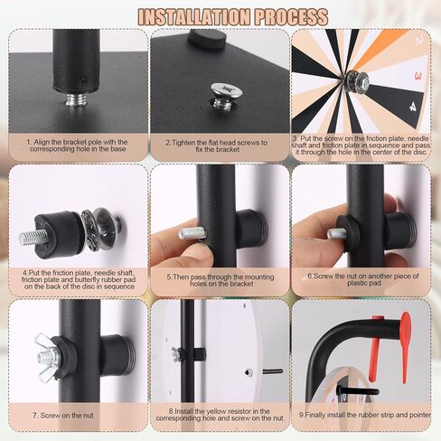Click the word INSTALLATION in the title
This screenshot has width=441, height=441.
(x=194, y=17)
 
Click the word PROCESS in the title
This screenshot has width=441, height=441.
(x=291, y=17)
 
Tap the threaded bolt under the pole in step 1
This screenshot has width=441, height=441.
(x=77, y=99)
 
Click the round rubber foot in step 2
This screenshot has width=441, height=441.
(x=207, y=39)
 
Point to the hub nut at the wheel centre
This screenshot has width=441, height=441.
(x=359, y=80)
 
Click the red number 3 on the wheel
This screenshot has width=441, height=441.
(x=418, y=76)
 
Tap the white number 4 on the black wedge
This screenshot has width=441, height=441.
(x=412, y=107)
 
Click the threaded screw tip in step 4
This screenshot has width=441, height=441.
(x=33, y=237)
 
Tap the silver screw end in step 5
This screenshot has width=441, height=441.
(x=192, y=233)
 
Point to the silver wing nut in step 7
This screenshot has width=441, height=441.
(x=48, y=357)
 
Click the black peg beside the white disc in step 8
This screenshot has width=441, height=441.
(x=273, y=371)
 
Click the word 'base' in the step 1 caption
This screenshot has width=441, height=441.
(x=117, y=149)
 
